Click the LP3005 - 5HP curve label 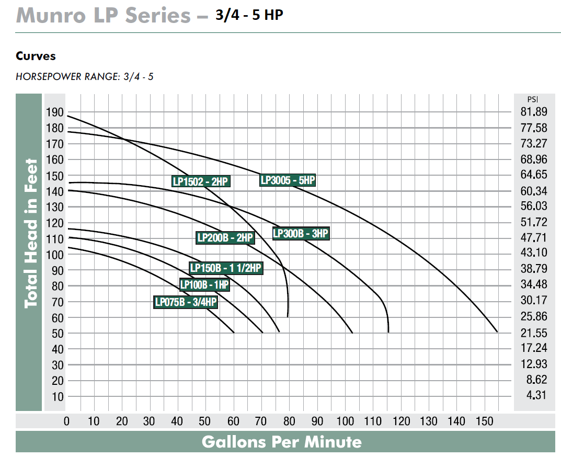coord(288,180)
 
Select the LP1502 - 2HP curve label coord(201,181)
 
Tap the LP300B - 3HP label coord(301,234)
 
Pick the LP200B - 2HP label coord(225,237)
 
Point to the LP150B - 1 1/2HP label coord(225,268)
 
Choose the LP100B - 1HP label coord(204,285)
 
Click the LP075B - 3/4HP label coord(186,302)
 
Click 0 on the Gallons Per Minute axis coord(67,421)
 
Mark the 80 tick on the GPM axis coord(289,421)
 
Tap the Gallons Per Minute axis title coord(281,442)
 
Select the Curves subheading coord(36,56)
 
